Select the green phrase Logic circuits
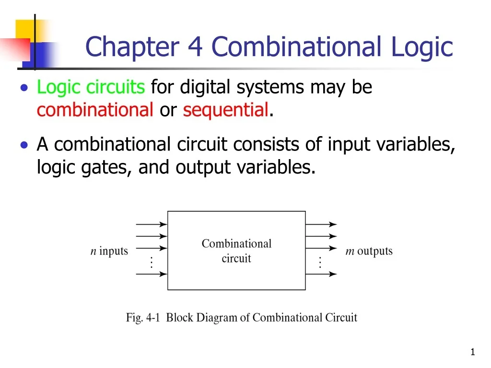point(91,87)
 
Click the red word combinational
point(95,110)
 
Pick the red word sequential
point(225,110)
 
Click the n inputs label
point(109,251)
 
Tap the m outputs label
point(369,251)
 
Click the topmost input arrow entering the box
point(152,224)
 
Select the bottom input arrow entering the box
point(152,274)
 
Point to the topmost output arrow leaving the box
point(321,224)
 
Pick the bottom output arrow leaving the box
point(321,274)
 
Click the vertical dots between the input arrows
point(151,262)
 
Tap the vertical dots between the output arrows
point(320,262)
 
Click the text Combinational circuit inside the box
point(236,251)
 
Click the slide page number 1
point(472,353)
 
